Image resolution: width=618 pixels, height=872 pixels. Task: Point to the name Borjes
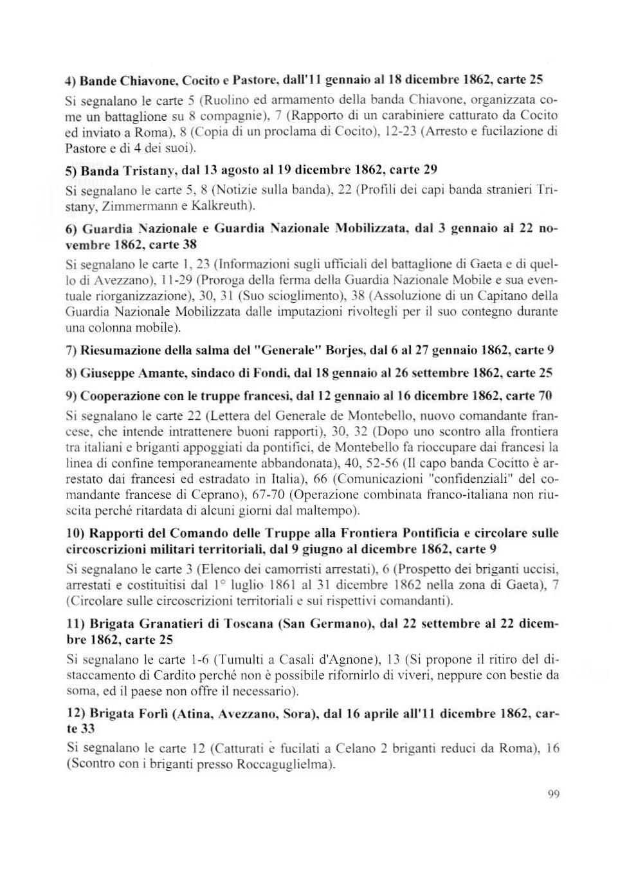(x=332, y=350)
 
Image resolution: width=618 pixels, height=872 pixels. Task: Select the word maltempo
(x=325, y=511)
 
